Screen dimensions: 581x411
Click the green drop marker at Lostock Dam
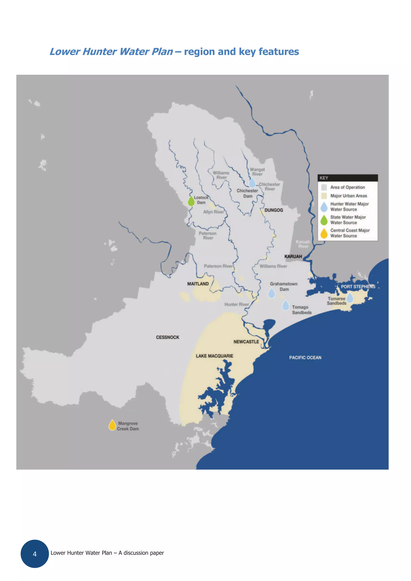pyautogui.click(x=191, y=201)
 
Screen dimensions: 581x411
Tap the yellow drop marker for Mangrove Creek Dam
pyautogui.click(x=112, y=426)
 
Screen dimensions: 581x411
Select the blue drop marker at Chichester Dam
pyautogui.click(x=252, y=183)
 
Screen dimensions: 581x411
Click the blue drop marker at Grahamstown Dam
pyautogui.click(x=272, y=293)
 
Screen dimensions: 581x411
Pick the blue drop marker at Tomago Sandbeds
pyautogui.click(x=285, y=305)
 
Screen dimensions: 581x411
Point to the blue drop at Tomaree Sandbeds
pyautogui.click(x=350, y=298)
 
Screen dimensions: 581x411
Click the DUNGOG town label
pyautogui.click(x=274, y=210)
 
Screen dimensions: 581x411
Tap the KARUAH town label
pyautogui.click(x=293, y=256)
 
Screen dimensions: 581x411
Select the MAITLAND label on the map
pyautogui.click(x=198, y=284)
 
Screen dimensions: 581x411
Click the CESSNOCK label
pyautogui.click(x=167, y=337)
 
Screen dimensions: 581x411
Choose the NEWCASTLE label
pyautogui.click(x=246, y=342)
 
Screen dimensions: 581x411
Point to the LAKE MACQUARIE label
pyautogui.click(x=214, y=356)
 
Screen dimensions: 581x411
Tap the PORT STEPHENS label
pyautogui.click(x=358, y=286)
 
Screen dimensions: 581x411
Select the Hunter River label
pyautogui.click(x=237, y=304)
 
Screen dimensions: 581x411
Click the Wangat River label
pyautogui.click(x=257, y=172)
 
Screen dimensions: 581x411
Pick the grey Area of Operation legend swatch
pyautogui.click(x=324, y=187)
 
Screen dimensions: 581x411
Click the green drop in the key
pyautogui.click(x=324, y=220)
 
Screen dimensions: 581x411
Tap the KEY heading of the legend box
pyautogui.click(x=324, y=178)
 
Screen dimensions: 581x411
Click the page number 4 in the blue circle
pyautogui.click(x=35, y=554)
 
